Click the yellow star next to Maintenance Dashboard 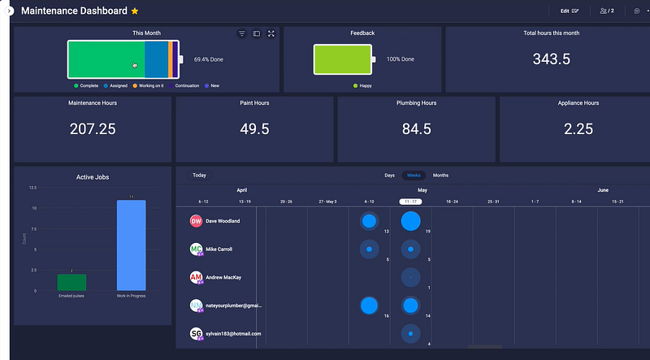point(135,11)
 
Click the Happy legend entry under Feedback point(366,85)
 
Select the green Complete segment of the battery point(106,59)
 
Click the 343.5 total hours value point(552,59)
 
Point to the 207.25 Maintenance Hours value point(93,128)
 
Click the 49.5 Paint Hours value point(254,128)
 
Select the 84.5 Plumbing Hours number point(416,128)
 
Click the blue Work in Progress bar point(131,245)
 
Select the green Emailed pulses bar point(71,281)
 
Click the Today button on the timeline point(199,176)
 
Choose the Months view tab point(440,176)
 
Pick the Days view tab point(390,176)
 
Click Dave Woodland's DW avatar point(196,221)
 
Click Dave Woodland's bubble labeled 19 point(411,220)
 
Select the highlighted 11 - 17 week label point(411,201)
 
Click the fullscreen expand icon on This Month point(271,33)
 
